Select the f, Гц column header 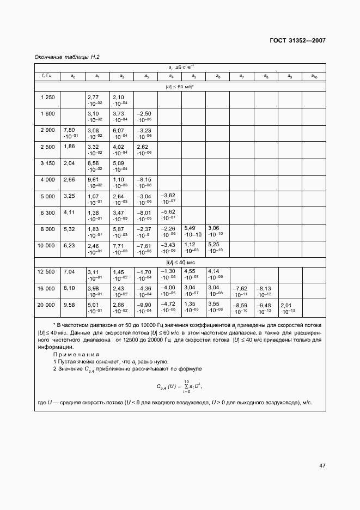(47, 76)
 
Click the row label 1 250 (47, 96)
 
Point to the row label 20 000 (47, 305)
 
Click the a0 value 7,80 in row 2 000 (69, 130)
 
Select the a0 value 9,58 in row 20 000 (69, 305)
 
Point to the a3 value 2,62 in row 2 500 (143, 147)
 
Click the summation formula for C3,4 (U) (180, 386)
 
